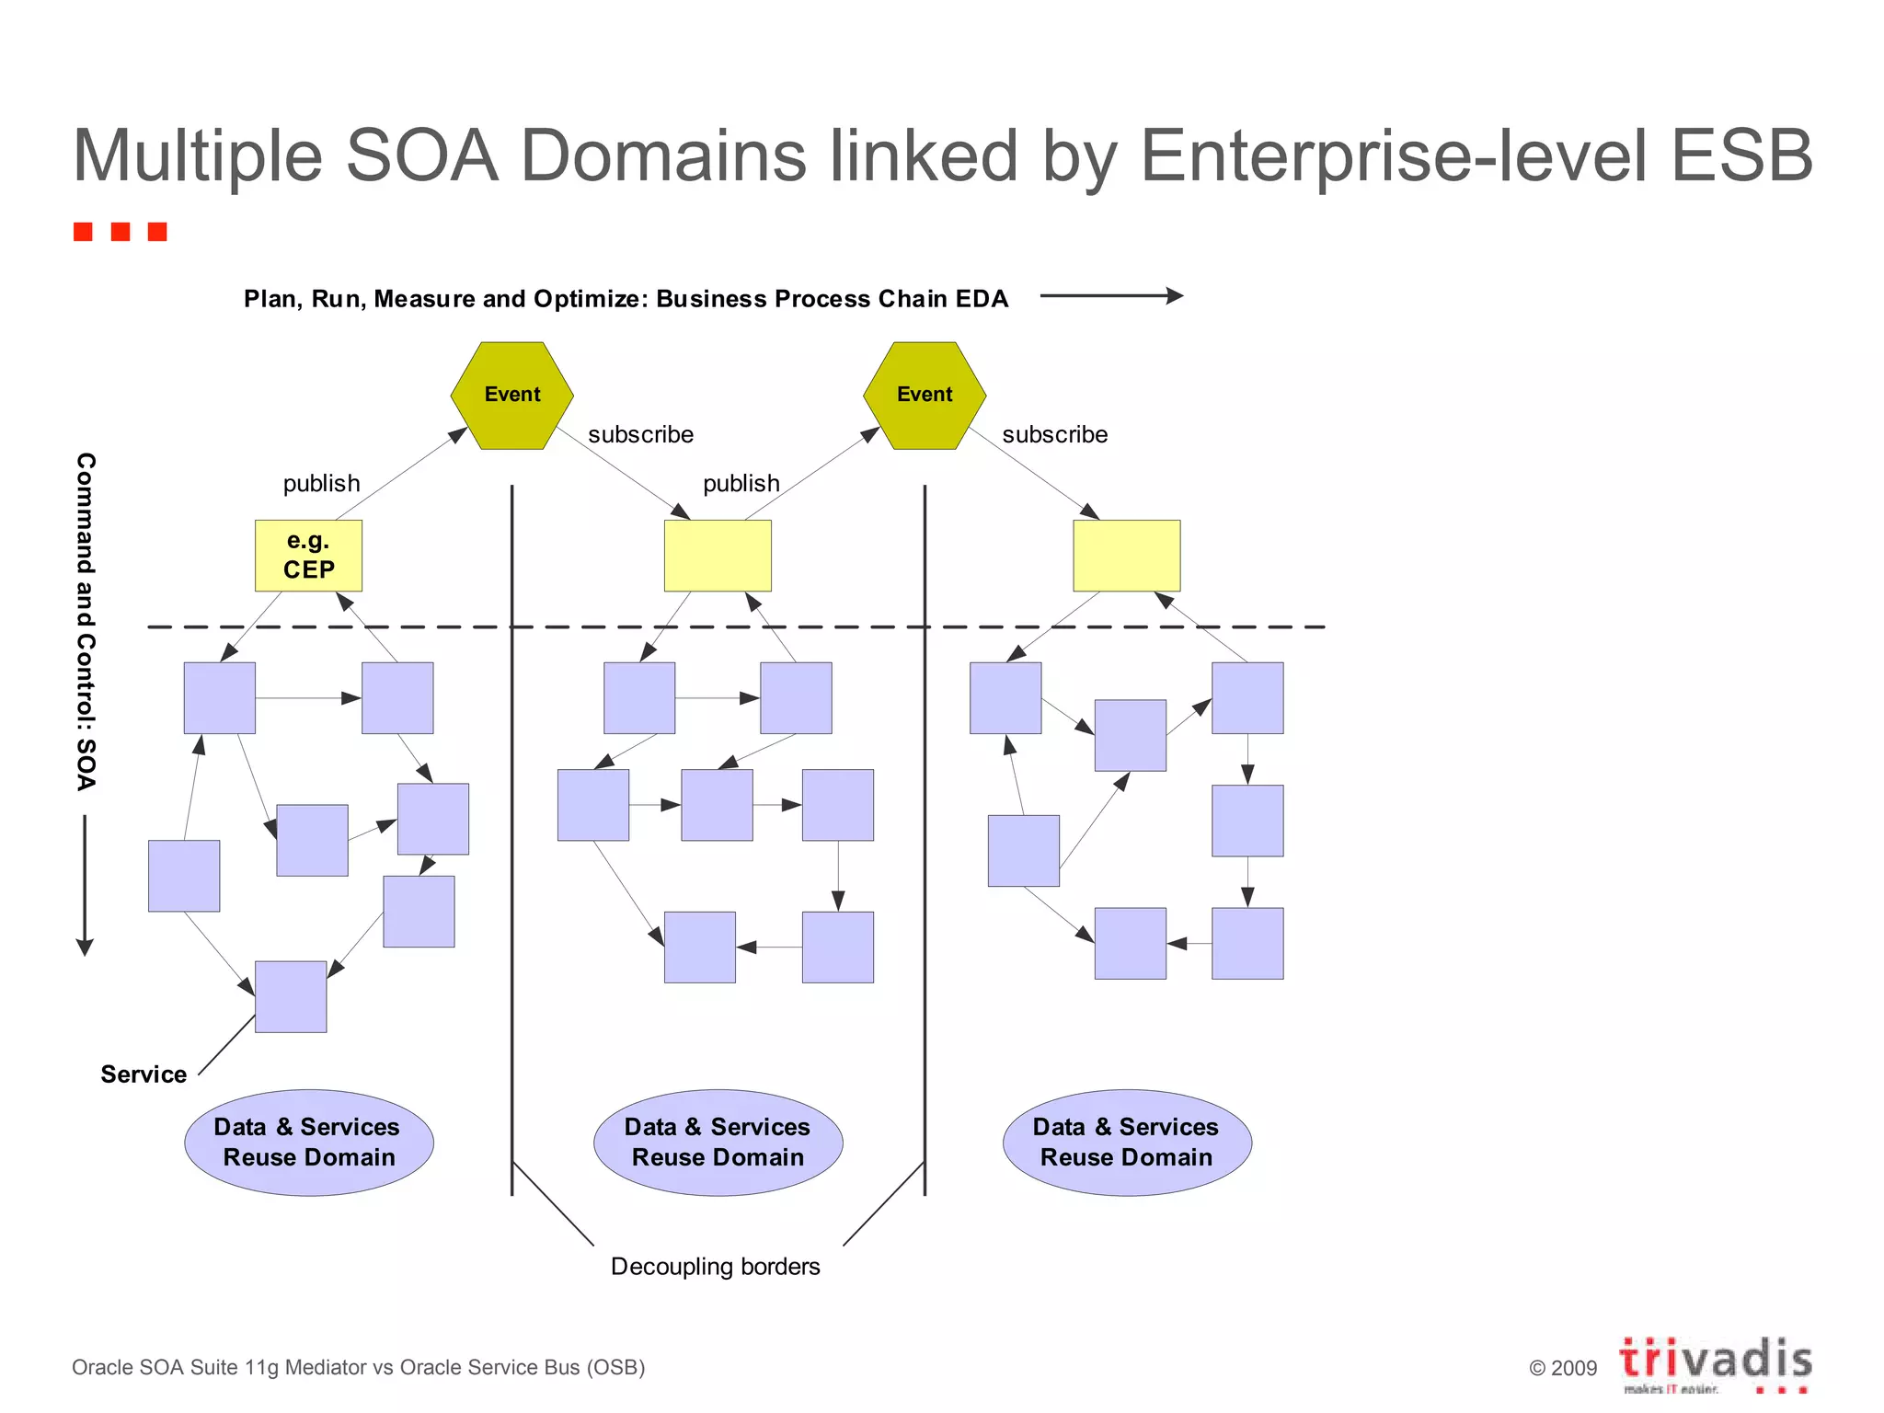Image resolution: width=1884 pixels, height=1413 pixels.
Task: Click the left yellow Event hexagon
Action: (x=511, y=396)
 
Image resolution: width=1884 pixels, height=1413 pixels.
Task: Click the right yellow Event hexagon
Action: (x=925, y=396)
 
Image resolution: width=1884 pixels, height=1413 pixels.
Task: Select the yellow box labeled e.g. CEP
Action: (x=308, y=556)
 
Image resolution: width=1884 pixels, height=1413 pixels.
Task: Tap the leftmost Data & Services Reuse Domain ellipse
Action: (x=309, y=1143)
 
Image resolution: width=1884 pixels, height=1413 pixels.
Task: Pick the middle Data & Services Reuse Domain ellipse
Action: (x=718, y=1143)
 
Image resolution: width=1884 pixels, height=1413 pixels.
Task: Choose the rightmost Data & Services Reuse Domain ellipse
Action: (x=1127, y=1143)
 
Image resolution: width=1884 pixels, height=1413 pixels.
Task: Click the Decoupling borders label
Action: (x=715, y=1267)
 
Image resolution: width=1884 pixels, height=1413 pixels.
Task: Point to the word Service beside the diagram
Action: (x=144, y=1074)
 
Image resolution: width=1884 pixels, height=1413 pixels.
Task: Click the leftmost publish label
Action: (x=321, y=484)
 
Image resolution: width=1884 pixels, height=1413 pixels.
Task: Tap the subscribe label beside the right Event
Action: (x=1054, y=434)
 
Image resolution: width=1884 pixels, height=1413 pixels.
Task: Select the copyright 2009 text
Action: (x=1563, y=1368)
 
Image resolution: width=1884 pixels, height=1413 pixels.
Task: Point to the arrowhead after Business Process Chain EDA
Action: (x=1175, y=295)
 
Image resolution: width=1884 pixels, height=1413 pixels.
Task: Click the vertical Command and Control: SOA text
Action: (x=86, y=621)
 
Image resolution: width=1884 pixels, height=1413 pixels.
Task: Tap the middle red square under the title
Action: (x=121, y=231)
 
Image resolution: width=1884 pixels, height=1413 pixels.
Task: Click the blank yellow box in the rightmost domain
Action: (x=1126, y=556)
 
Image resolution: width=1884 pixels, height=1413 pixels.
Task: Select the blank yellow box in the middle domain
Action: (x=718, y=556)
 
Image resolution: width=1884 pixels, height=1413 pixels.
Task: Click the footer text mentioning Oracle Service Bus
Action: (x=358, y=1368)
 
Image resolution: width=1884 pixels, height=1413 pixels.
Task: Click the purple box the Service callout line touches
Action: (x=291, y=997)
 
